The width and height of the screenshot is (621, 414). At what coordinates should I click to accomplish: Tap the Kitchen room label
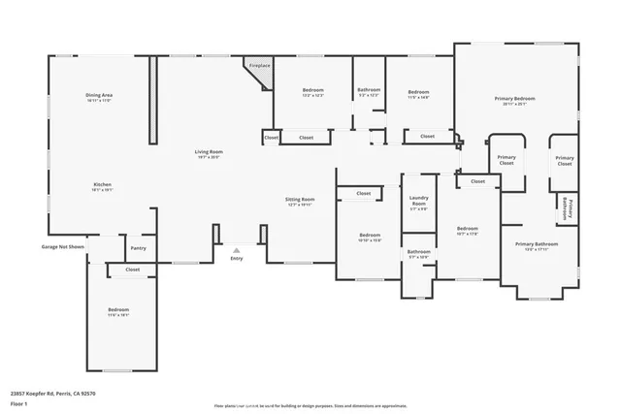[x=103, y=187]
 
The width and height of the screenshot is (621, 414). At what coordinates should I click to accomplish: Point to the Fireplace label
[x=259, y=66]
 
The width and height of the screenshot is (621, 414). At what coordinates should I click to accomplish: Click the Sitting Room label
[x=300, y=201]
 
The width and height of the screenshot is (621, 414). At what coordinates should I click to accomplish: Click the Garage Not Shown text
[x=62, y=247]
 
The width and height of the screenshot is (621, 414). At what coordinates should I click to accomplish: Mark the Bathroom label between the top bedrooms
[x=369, y=91]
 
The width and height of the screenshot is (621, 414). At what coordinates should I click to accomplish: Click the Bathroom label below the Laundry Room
[x=418, y=254]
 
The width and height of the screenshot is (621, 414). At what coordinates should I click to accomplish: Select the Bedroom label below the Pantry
[x=118, y=311]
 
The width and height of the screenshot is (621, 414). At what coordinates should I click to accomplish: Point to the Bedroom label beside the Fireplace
[x=311, y=91]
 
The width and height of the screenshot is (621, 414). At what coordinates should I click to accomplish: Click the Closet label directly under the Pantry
[x=133, y=270]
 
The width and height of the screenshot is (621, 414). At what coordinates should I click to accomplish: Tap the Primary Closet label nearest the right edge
[x=565, y=161]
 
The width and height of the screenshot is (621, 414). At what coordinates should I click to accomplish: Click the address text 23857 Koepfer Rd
[x=52, y=394]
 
